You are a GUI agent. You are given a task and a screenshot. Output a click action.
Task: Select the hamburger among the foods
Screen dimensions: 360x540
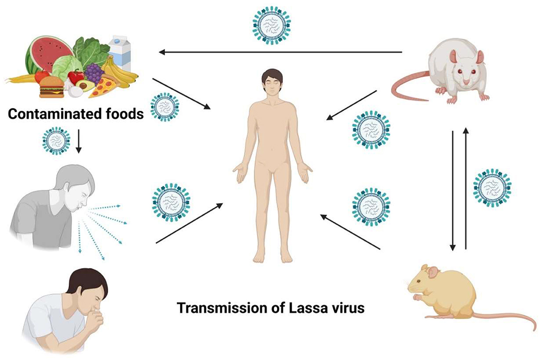click(51, 86)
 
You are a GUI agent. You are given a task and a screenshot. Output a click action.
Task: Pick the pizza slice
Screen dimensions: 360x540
click(102, 87)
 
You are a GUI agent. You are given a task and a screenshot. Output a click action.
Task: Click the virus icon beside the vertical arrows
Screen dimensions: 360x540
click(492, 187)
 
